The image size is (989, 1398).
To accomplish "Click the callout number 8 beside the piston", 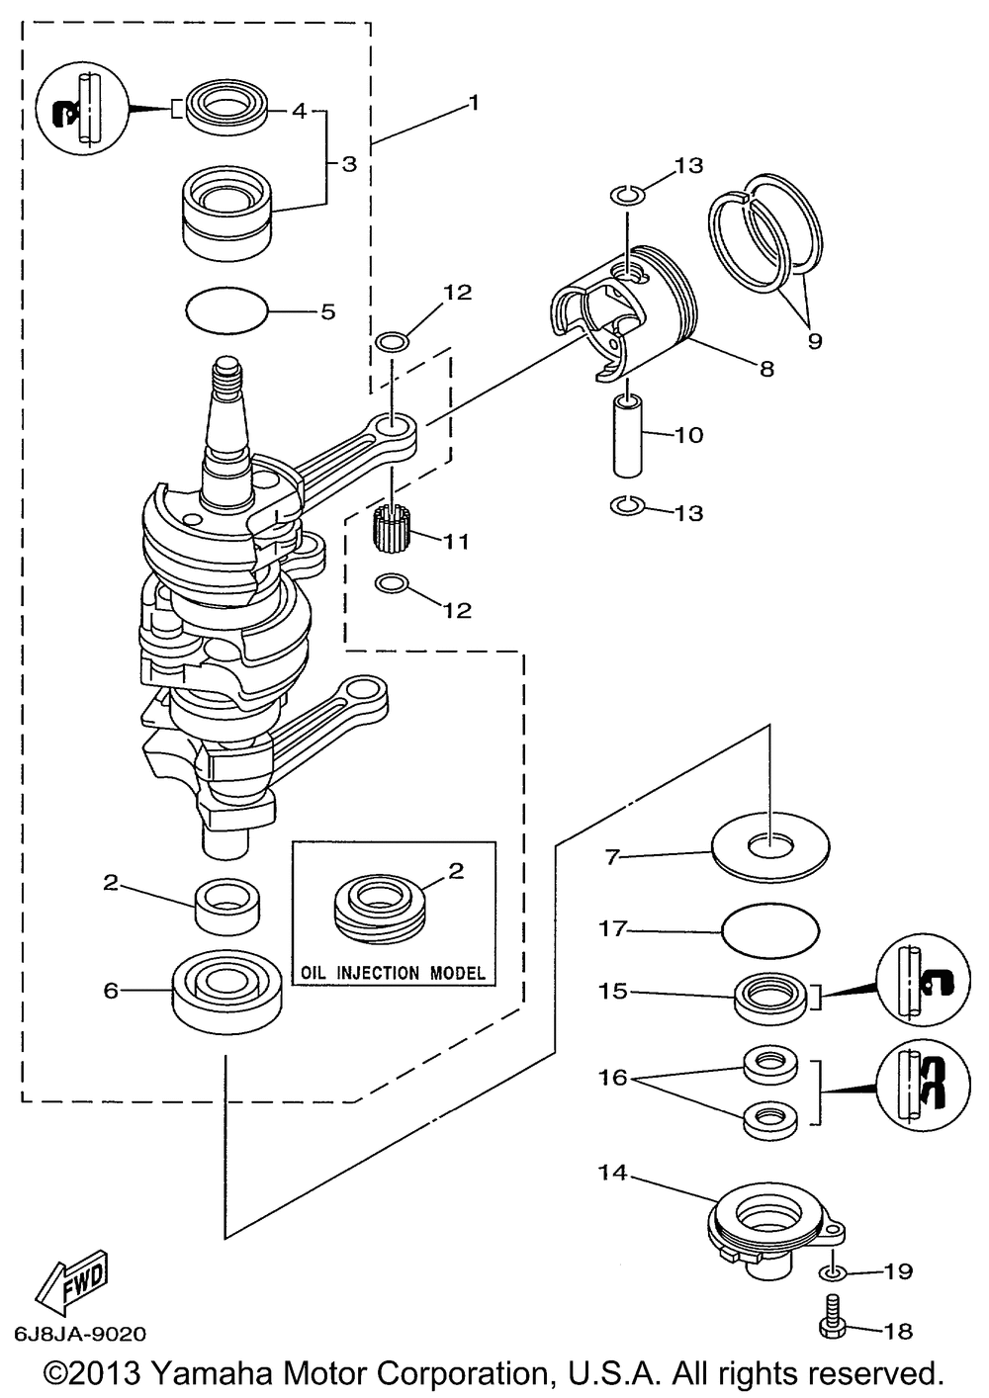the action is [766, 369].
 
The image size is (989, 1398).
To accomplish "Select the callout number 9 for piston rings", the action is [814, 341].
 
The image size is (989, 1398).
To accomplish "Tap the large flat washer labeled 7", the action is [770, 847].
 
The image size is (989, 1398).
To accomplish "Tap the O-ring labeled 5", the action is [226, 310].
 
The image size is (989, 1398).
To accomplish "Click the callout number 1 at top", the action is [474, 103].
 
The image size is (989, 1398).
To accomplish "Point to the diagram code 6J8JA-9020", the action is [80, 1334].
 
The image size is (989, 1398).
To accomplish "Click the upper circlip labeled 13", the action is [627, 196].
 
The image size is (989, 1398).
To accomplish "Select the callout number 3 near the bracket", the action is [350, 164].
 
